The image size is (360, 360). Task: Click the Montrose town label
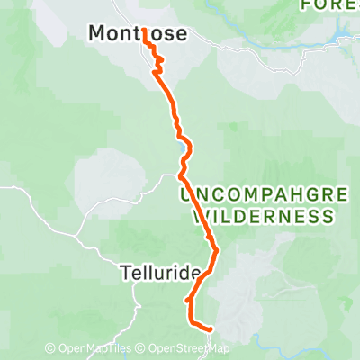[138, 34]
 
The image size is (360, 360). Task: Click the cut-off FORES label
[329, 5]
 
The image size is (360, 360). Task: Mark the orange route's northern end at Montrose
[144, 31]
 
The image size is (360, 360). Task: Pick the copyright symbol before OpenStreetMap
[140, 349]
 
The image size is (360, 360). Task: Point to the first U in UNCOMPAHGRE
[185, 195]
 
